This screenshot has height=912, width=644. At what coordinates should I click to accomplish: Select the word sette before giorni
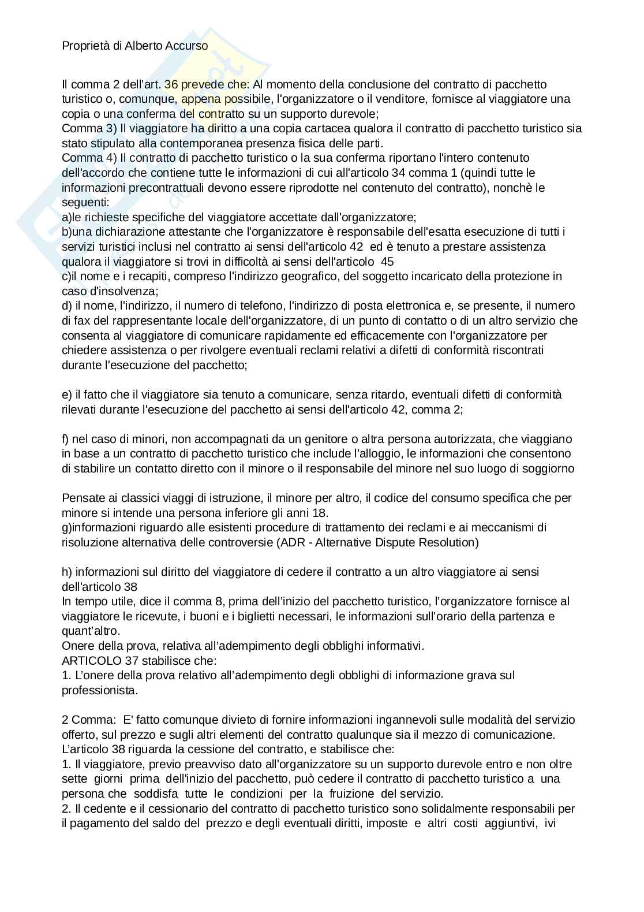pos(75,779)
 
